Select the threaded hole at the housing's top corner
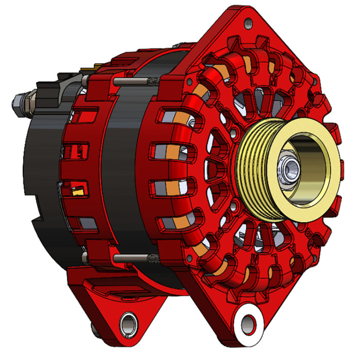pyautogui.click(x=248, y=22)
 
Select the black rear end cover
pyautogui.click(x=39, y=170)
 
